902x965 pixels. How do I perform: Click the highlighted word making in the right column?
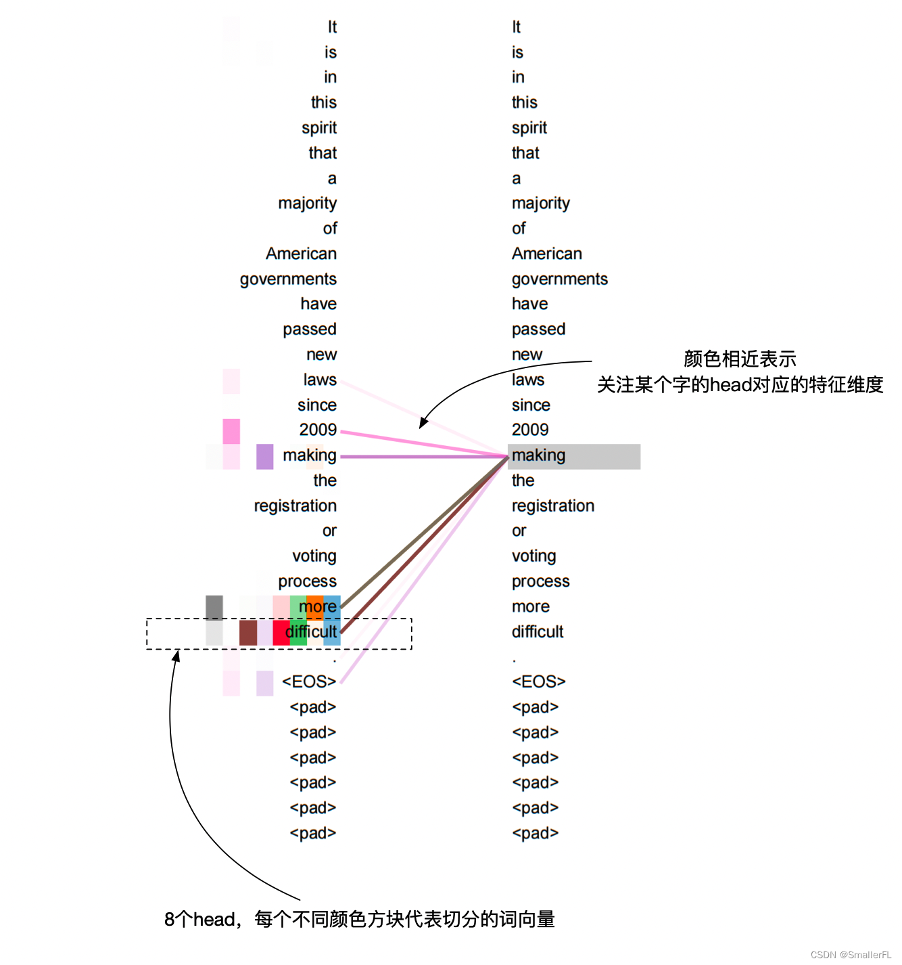pos(539,455)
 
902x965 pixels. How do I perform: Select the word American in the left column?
pos(301,254)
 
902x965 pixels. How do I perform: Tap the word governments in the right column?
pos(559,279)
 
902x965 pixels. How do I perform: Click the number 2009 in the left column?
pos(318,430)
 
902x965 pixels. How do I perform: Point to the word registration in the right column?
pos(552,506)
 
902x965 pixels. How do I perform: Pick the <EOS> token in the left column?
pos(309,681)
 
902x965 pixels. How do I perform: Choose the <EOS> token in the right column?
pos(538,681)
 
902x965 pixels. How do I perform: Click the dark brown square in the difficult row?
pos(248,633)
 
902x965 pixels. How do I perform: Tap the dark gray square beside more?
pos(214,607)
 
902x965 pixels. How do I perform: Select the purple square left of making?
pos(265,456)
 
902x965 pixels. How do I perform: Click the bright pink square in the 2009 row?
pos(231,431)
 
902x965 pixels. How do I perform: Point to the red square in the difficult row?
pos(281,633)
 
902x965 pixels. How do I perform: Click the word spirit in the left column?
pos(319,128)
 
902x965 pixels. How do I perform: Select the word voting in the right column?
pos(533,556)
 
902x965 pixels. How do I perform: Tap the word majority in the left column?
pos(307,203)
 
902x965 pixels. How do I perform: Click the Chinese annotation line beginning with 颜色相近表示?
pos(740,359)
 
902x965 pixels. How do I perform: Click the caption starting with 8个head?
pos(359,919)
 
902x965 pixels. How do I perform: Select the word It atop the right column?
pos(516,27)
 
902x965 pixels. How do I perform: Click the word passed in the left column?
pos(310,330)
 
